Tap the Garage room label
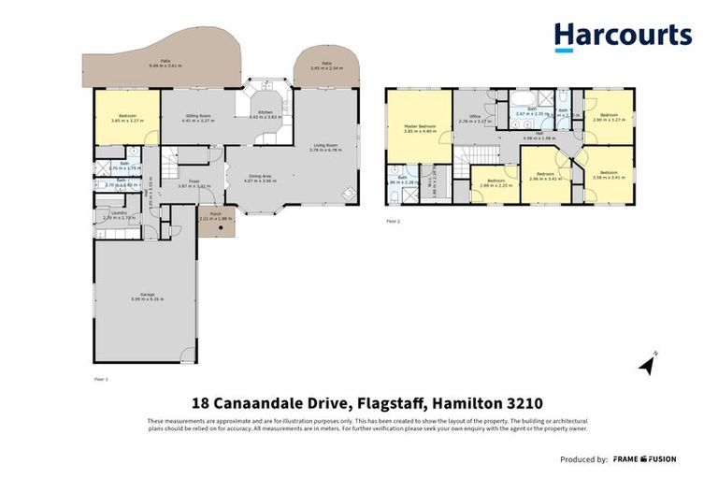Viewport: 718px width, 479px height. click(x=146, y=296)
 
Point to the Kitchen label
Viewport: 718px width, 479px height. click(x=266, y=112)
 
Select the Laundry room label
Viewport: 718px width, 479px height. click(x=119, y=212)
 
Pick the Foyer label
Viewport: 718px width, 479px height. click(x=194, y=182)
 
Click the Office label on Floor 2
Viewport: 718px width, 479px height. click(x=474, y=117)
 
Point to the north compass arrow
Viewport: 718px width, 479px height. click(x=647, y=364)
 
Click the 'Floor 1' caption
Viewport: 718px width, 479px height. click(x=102, y=379)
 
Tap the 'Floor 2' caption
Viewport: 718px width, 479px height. click(x=393, y=222)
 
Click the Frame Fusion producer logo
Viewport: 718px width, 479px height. click(x=645, y=459)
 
